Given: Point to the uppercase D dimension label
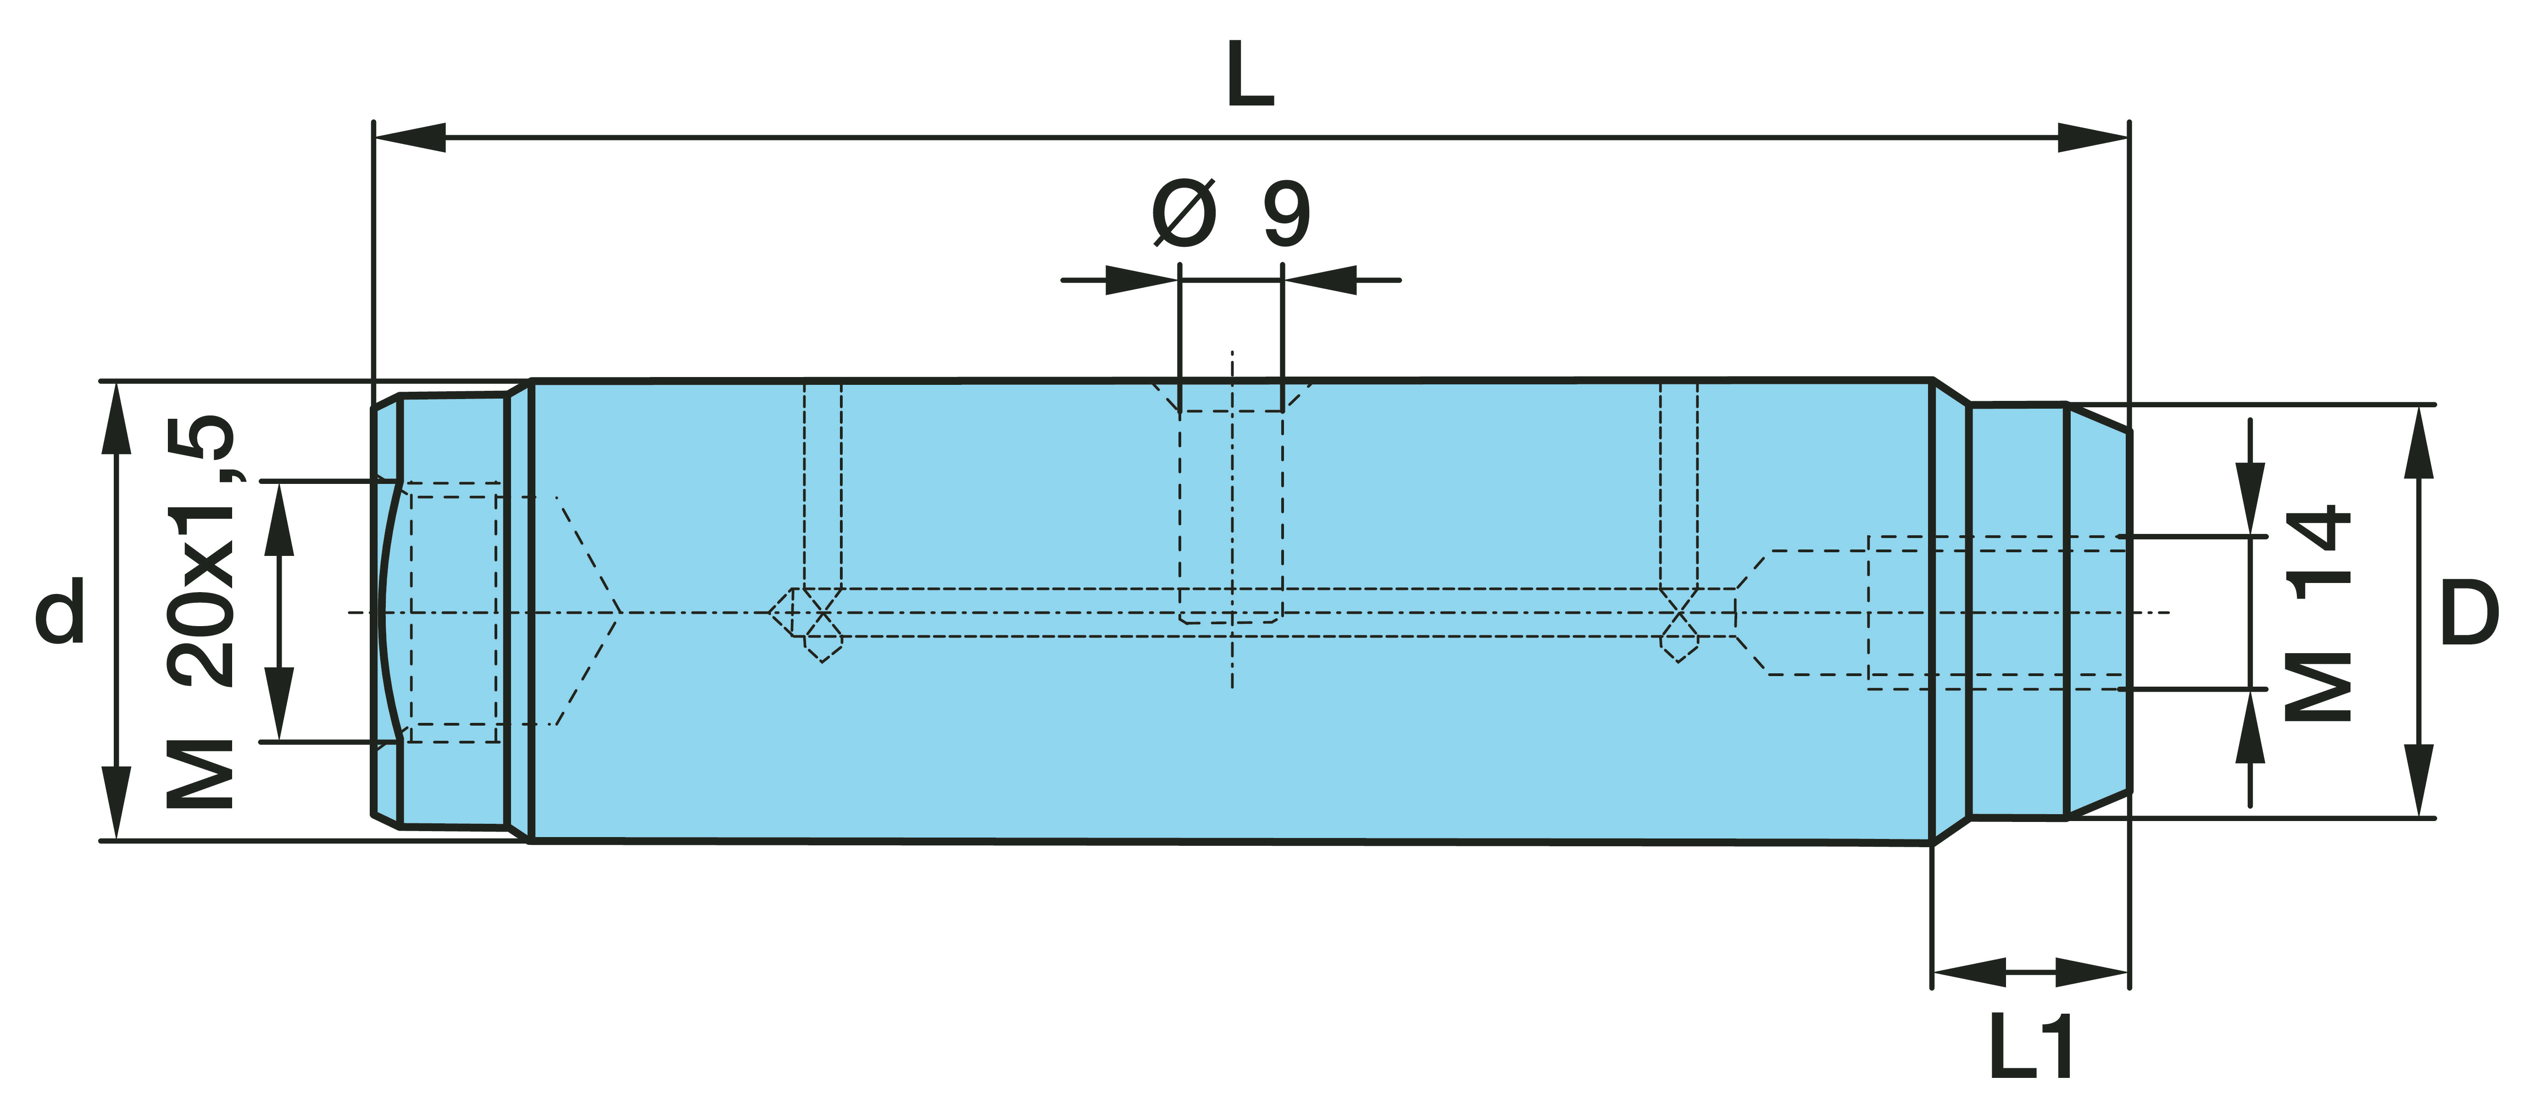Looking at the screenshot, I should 2468,612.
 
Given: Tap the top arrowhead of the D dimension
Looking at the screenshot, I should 2419,441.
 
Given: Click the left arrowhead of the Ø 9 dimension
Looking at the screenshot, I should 1141,280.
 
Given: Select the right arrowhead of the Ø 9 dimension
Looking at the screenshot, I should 1320,280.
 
